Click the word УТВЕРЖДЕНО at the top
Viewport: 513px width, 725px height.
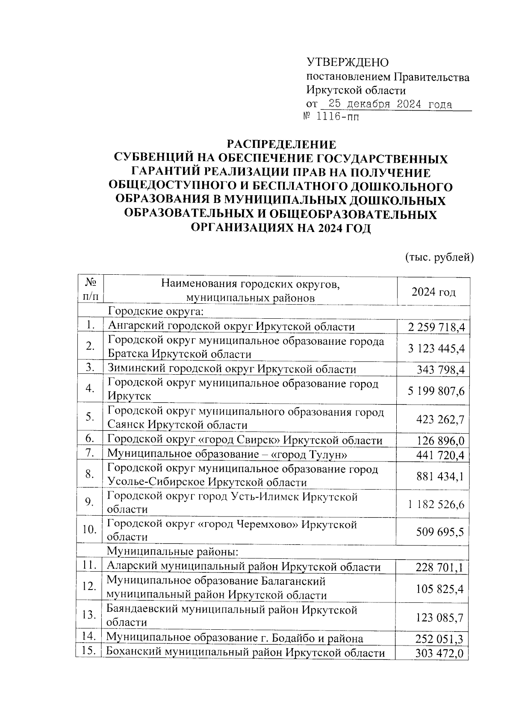coord(348,63)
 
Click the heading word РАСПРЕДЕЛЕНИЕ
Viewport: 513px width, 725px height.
coord(281,144)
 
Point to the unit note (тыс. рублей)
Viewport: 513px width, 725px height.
coord(439,257)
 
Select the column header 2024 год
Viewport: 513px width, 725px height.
coord(433,292)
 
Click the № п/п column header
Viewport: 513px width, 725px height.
coord(90,290)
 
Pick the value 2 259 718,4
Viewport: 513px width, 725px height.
coord(436,328)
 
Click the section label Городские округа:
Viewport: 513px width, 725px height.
coord(155,312)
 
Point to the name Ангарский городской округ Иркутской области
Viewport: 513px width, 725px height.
coord(231,327)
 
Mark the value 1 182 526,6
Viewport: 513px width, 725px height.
coord(436,504)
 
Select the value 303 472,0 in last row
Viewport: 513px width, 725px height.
coord(439,654)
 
